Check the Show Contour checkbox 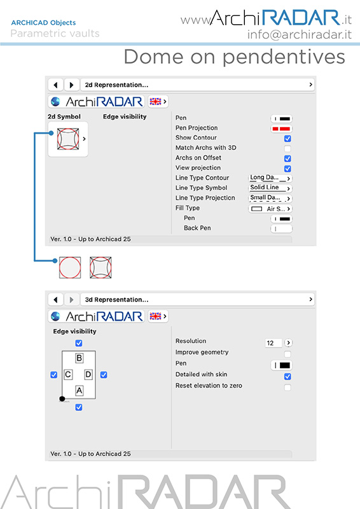[287, 139]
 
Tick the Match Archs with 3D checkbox [287, 149]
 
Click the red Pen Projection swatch [281, 129]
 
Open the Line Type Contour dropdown [270, 178]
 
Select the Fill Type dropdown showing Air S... [270, 209]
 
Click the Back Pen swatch [281, 229]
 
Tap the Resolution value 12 [273, 343]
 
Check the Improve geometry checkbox [287, 354]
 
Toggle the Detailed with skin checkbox [287, 377]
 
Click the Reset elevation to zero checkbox [287, 387]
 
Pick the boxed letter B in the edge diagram [80, 358]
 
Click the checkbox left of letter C [54, 375]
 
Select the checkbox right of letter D [104, 375]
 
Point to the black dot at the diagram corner [62, 399]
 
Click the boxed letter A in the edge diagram [80, 391]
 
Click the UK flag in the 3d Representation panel [155, 316]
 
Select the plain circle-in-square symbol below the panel [70, 267]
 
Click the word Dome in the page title [154, 57]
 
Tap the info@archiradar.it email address [300, 34]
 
